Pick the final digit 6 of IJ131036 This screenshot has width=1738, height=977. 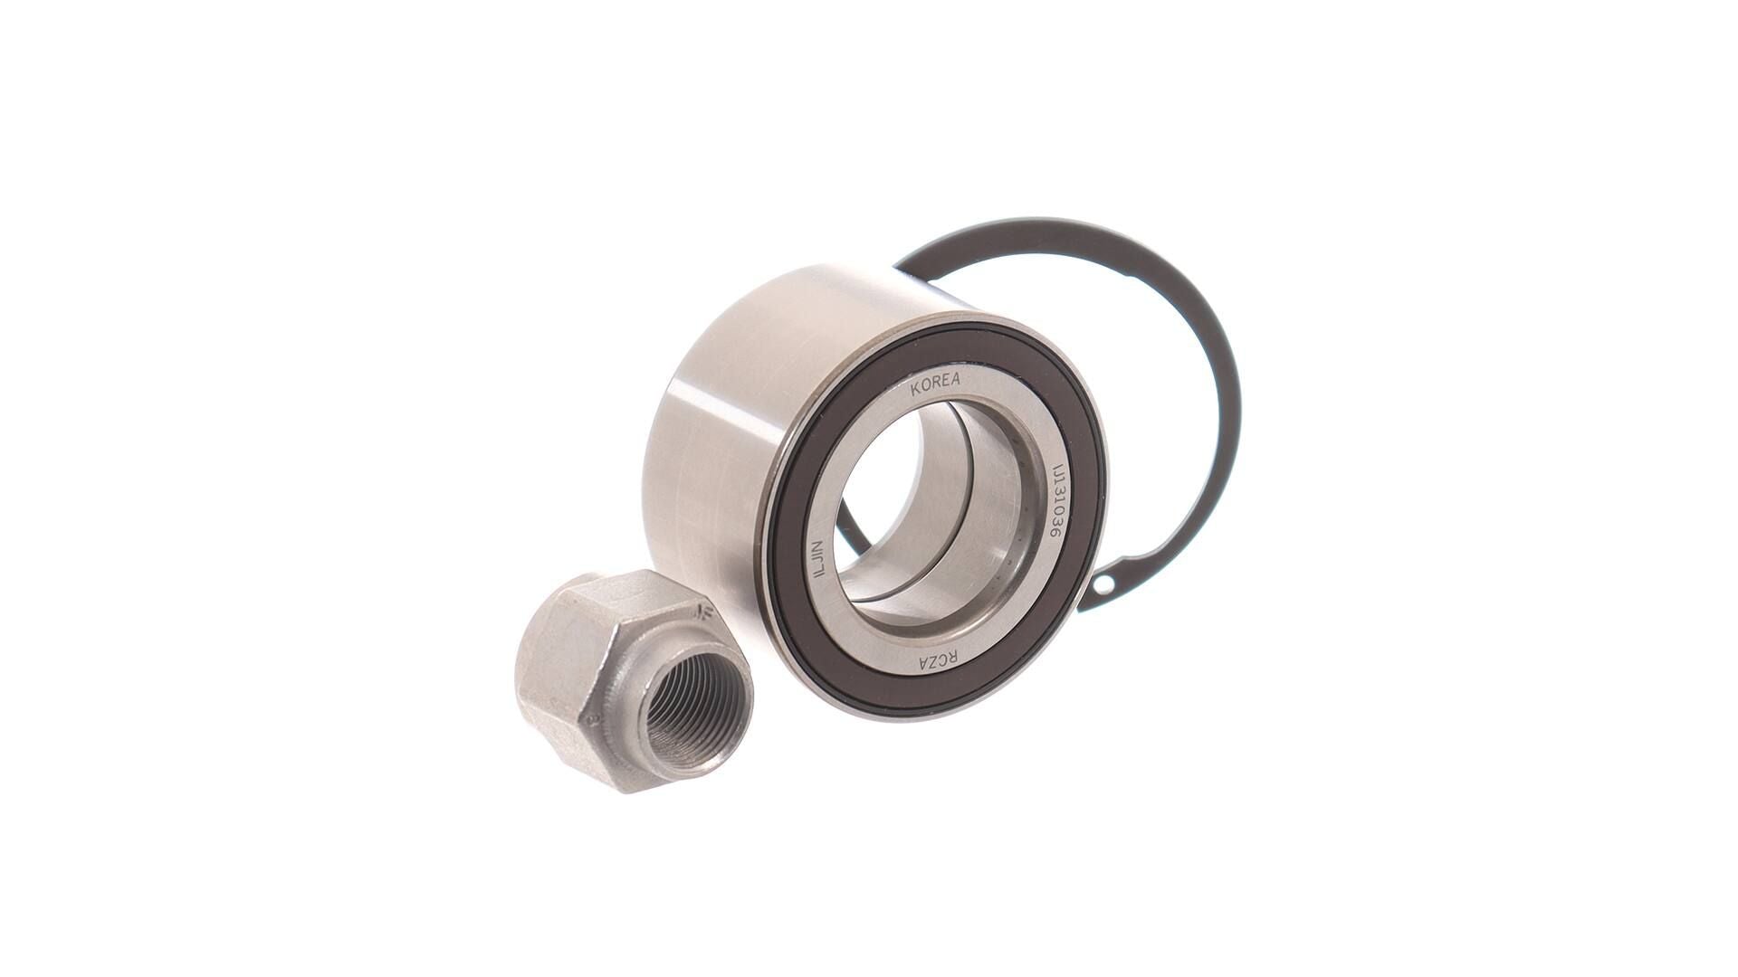pos(1054,537)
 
